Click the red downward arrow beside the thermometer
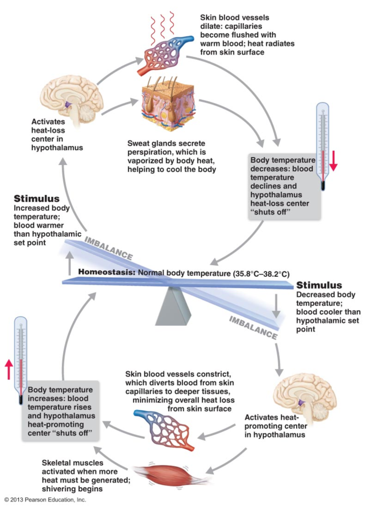(334, 161)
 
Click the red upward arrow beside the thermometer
(9, 369)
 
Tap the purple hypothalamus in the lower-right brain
(302, 403)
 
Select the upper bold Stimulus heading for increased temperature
(36, 199)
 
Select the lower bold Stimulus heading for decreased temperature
(319, 285)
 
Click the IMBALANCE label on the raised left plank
(109, 249)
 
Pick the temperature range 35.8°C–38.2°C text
(261, 274)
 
